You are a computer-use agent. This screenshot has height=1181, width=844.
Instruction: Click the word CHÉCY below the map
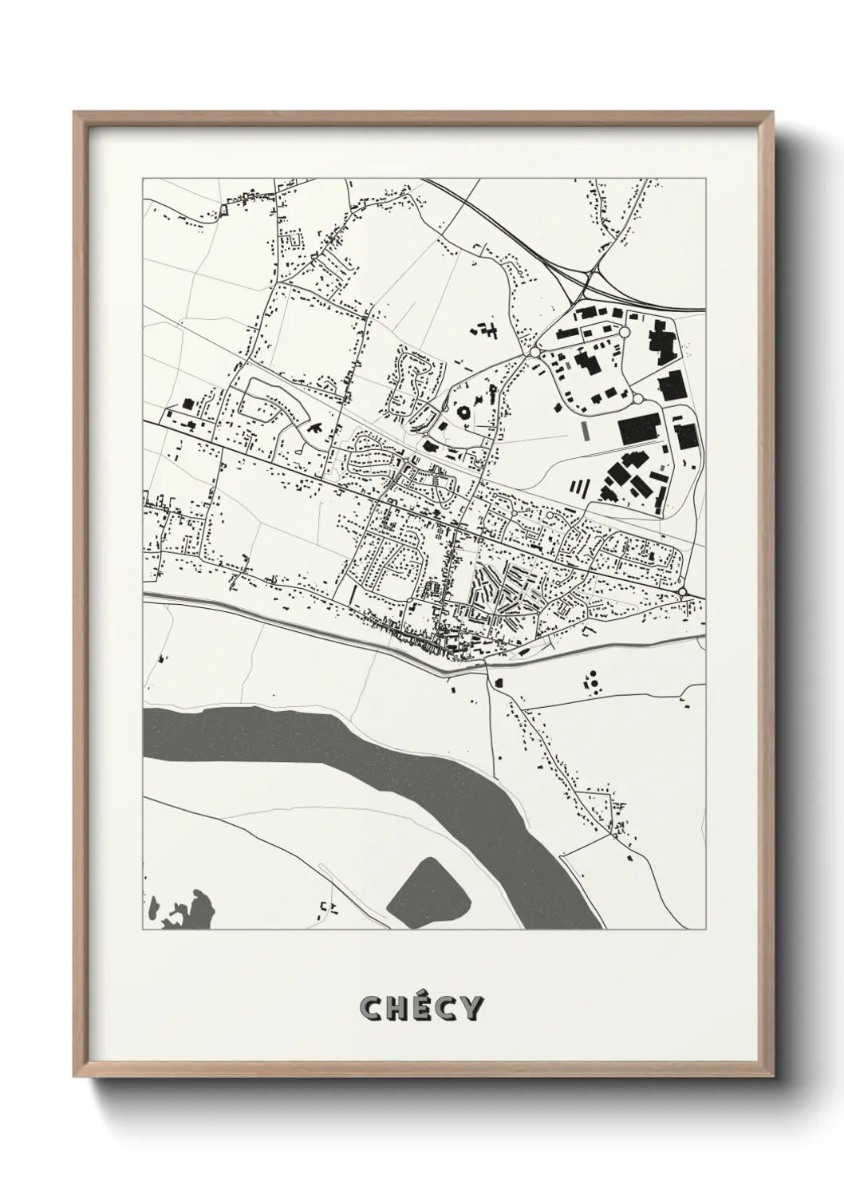pyautogui.click(x=421, y=1009)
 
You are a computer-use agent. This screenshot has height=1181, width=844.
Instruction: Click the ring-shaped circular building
pyautogui.click(x=463, y=413)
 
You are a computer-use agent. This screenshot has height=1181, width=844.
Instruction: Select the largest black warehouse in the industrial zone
pyautogui.click(x=640, y=429)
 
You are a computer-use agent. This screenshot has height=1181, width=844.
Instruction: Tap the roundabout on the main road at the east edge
pyautogui.click(x=684, y=591)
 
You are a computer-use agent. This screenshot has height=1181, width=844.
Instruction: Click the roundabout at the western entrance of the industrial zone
pyautogui.click(x=534, y=352)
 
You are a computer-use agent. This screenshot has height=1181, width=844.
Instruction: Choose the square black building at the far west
pyautogui.click(x=188, y=404)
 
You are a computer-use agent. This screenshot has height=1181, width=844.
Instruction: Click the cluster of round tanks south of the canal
pyautogui.click(x=592, y=681)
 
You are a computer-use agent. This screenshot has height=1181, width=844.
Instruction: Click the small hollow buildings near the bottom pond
pyautogui.click(x=328, y=906)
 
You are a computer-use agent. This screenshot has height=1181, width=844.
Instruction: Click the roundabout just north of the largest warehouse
pyautogui.click(x=638, y=398)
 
